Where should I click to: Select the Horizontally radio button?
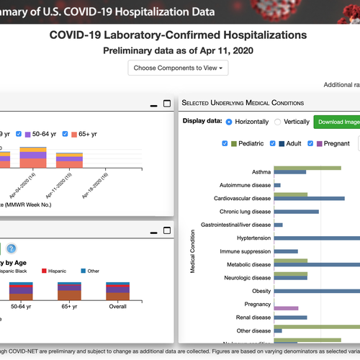click(230, 122)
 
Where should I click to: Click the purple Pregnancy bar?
click(286, 308)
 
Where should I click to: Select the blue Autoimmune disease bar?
click(277, 185)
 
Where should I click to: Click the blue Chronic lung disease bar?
click(296, 212)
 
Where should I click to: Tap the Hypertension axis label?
click(251, 238)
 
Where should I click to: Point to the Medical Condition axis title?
click(193, 252)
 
